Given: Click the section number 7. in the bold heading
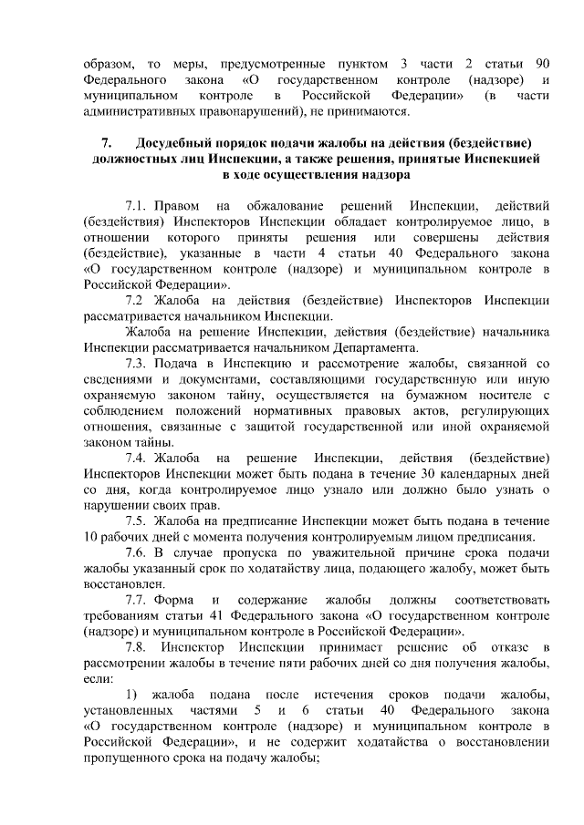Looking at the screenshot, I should pos(107,143).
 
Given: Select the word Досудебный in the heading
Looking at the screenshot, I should pos(172,143).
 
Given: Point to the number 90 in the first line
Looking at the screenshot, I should pos(540,64).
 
